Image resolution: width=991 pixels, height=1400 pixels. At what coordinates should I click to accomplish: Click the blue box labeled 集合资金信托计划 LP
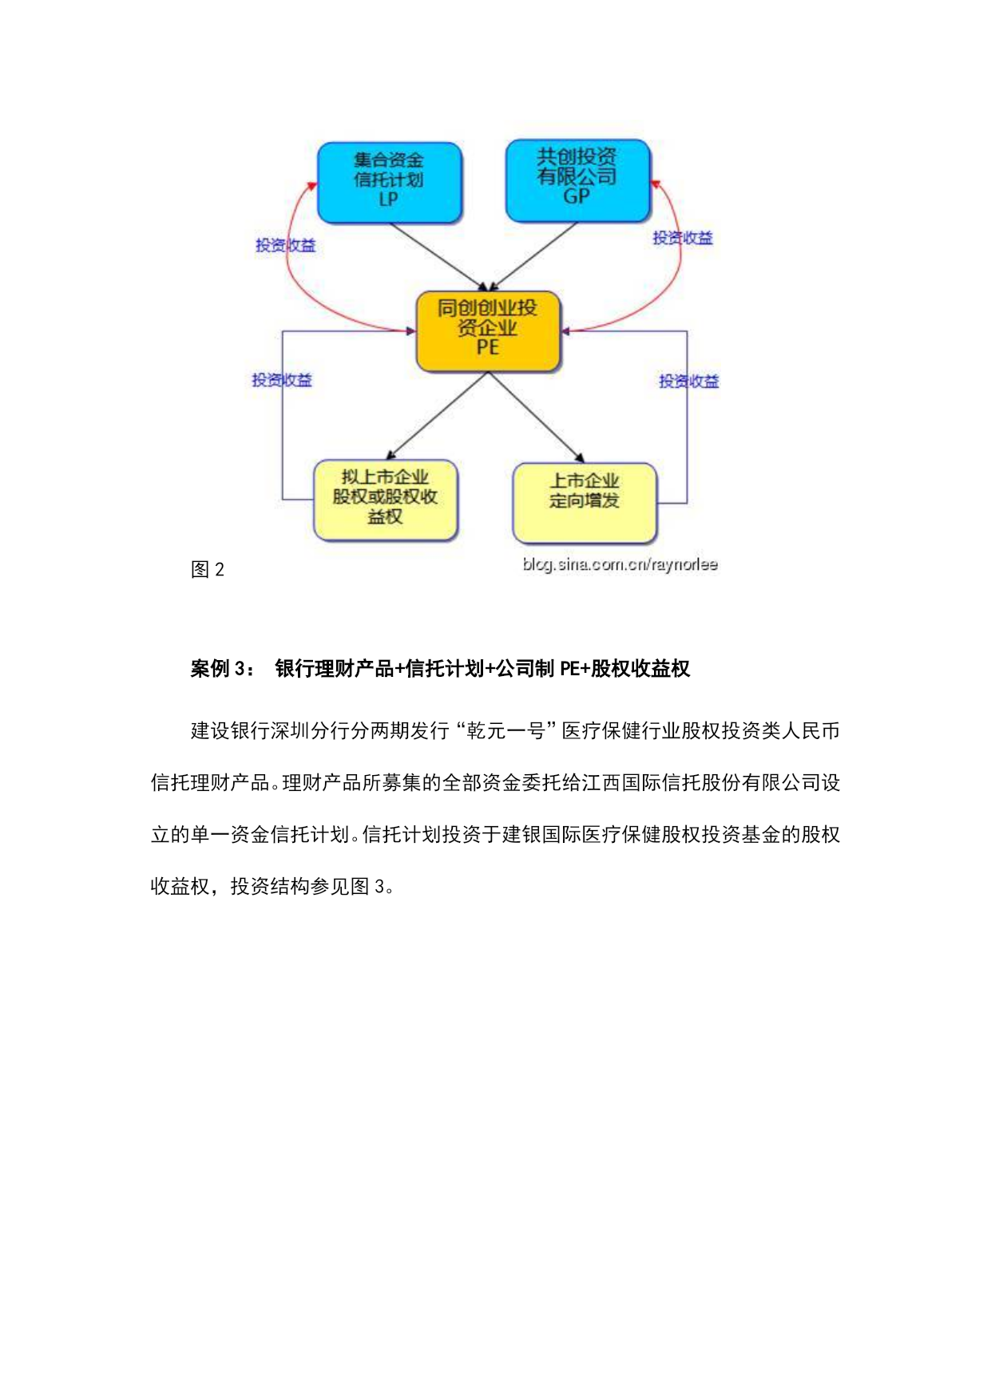(389, 182)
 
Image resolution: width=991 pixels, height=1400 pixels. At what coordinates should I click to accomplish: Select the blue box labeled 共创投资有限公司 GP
(577, 180)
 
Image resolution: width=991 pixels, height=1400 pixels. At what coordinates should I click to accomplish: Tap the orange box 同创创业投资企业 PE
(488, 330)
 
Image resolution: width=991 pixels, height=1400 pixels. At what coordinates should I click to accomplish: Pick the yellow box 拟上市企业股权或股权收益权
(386, 500)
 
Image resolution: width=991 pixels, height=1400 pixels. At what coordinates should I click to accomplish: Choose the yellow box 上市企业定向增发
(585, 501)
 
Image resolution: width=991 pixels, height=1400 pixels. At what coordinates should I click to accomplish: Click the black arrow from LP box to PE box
(438, 256)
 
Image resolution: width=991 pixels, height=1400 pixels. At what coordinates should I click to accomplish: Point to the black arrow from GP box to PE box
(533, 256)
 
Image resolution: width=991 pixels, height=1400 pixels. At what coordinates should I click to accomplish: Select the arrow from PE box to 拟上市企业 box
(437, 416)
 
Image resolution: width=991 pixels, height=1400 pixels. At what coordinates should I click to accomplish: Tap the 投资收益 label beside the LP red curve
(285, 246)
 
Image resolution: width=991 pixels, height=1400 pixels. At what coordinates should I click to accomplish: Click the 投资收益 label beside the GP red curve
(683, 238)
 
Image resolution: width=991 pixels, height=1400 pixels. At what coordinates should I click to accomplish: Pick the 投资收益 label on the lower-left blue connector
(282, 380)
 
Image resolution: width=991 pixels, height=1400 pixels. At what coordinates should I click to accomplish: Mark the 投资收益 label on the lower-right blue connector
(688, 382)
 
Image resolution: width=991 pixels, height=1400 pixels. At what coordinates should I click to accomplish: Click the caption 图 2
(208, 569)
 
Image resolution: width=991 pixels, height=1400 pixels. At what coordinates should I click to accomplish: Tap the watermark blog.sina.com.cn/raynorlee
(620, 564)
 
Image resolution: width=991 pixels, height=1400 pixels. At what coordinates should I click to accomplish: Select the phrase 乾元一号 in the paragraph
(505, 731)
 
